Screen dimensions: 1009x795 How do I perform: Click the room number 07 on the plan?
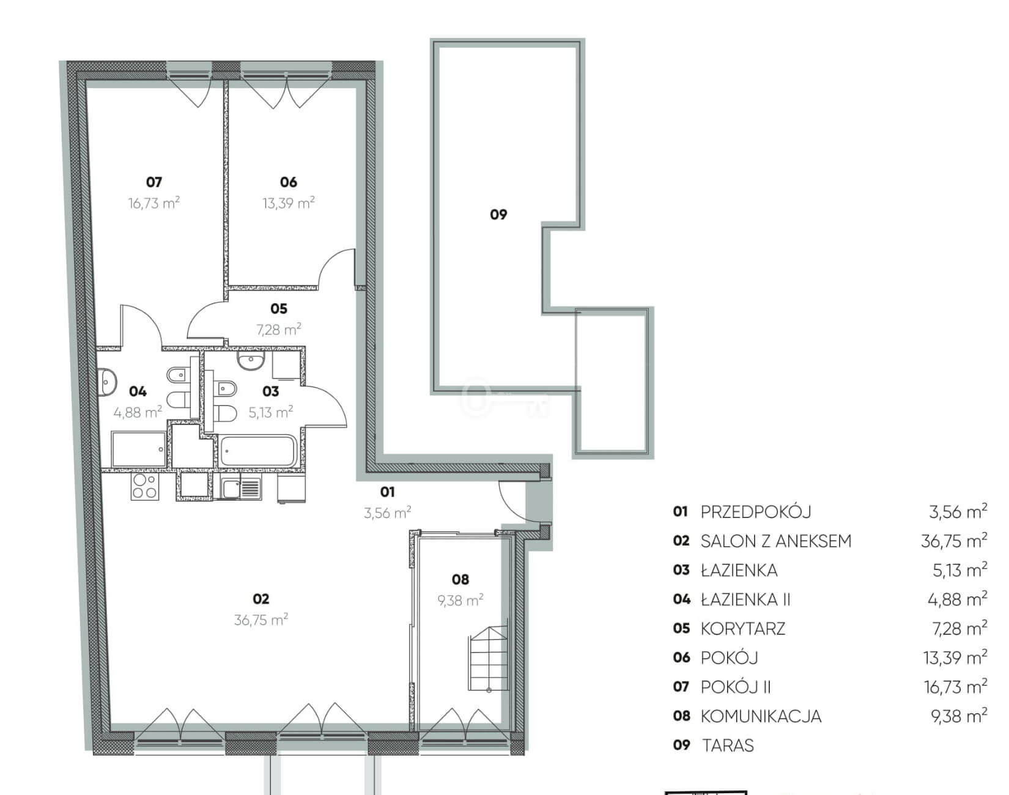tap(153, 182)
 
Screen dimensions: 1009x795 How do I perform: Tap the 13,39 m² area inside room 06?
tap(288, 202)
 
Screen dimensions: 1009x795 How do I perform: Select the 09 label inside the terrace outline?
tap(498, 214)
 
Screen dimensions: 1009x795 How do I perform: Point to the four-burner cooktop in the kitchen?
tap(145, 486)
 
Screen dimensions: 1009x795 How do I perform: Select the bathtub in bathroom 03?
tap(258, 451)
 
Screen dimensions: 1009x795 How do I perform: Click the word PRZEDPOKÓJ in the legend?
tap(756, 511)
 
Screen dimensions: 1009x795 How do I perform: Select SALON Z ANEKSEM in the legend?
tap(776, 541)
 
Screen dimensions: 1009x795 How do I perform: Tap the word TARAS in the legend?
tap(728, 745)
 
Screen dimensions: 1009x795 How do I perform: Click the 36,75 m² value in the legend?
tap(954, 541)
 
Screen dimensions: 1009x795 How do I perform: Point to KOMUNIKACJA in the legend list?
tap(761, 716)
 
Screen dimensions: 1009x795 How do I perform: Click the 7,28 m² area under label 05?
tap(278, 330)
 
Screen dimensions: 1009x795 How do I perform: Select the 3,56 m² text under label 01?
tap(387, 512)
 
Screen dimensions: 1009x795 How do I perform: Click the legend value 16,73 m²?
tap(955, 687)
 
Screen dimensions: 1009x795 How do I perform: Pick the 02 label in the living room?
tap(261, 599)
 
